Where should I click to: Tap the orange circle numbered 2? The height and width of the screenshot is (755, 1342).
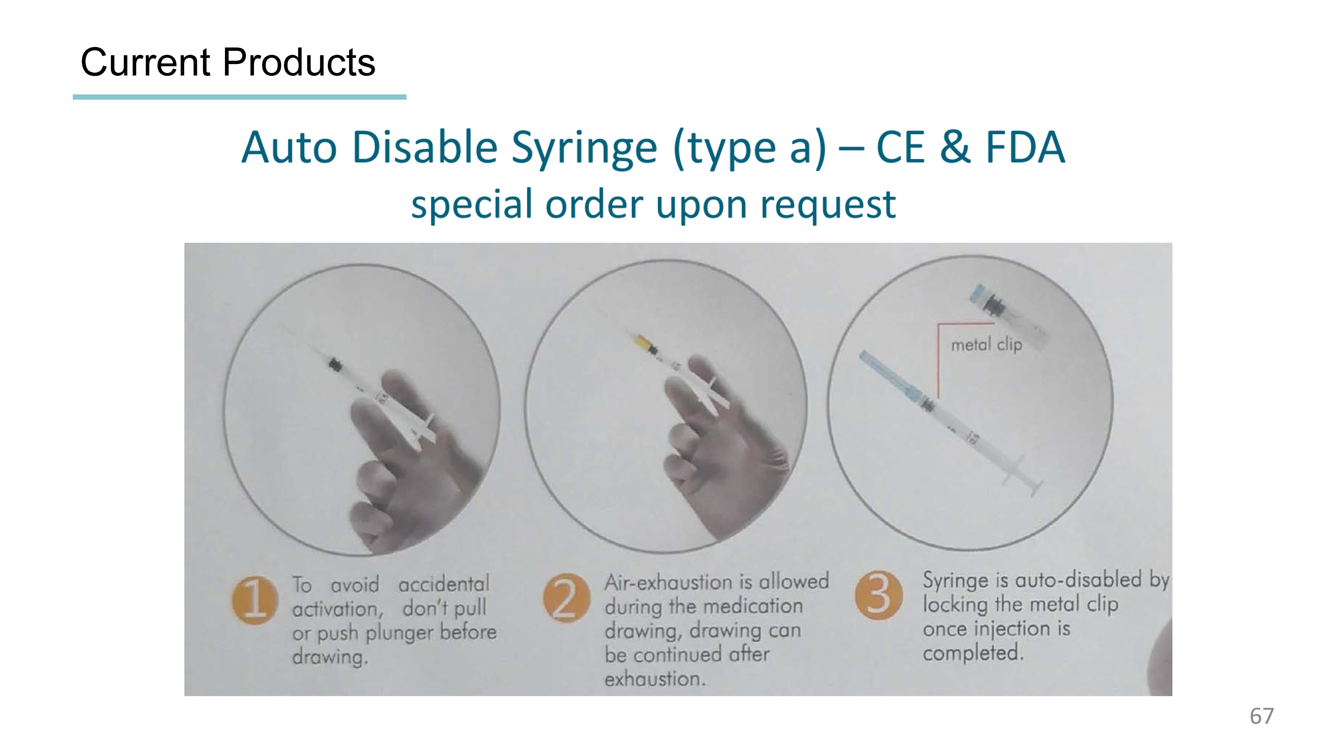coord(566,598)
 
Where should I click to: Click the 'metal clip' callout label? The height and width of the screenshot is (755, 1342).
coord(986,344)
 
